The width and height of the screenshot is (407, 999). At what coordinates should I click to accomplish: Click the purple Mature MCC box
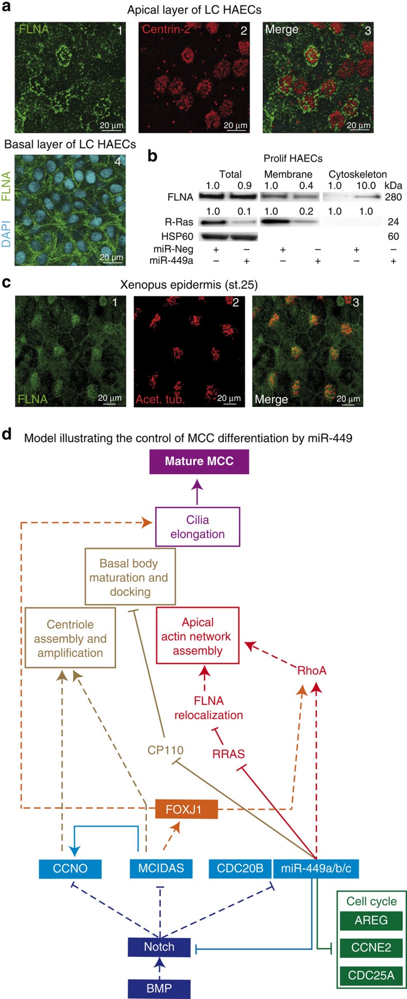coord(199,461)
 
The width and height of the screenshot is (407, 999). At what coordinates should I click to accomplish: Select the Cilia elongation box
coord(198,527)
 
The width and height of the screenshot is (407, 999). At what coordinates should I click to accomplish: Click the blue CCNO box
coord(70,868)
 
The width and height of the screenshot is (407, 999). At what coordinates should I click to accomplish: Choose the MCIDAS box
coord(161,868)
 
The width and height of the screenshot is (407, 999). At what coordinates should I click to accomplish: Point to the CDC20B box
coord(240,868)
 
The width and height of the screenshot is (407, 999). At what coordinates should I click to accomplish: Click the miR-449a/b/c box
coord(316,868)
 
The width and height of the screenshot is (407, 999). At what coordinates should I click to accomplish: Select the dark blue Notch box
coord(159,947)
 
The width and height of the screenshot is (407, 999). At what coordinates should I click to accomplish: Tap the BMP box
coord(159,988)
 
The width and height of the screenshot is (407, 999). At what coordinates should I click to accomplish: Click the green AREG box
coord(371,921)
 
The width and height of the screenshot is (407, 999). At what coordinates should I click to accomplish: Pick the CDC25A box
coord(371,975)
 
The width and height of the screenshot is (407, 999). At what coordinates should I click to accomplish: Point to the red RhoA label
coord(311,671)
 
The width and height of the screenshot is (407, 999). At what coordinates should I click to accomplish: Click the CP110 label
coord(165,750)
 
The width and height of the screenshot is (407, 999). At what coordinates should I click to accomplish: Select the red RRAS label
coord(228,754)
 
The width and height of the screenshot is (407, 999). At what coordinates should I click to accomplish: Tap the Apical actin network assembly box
coord(197,636)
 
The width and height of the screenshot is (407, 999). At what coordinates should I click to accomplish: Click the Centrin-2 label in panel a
coord(166,29)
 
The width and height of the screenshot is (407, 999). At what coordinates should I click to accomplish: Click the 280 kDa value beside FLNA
coord(393,197)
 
